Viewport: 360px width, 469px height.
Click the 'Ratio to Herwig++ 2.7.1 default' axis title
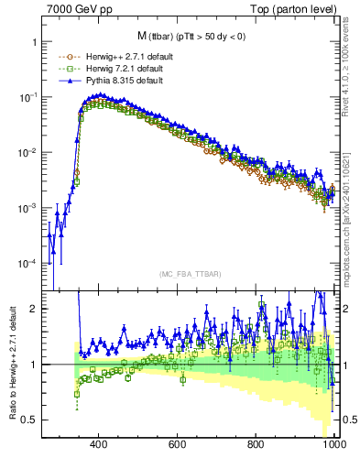(10, 365)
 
